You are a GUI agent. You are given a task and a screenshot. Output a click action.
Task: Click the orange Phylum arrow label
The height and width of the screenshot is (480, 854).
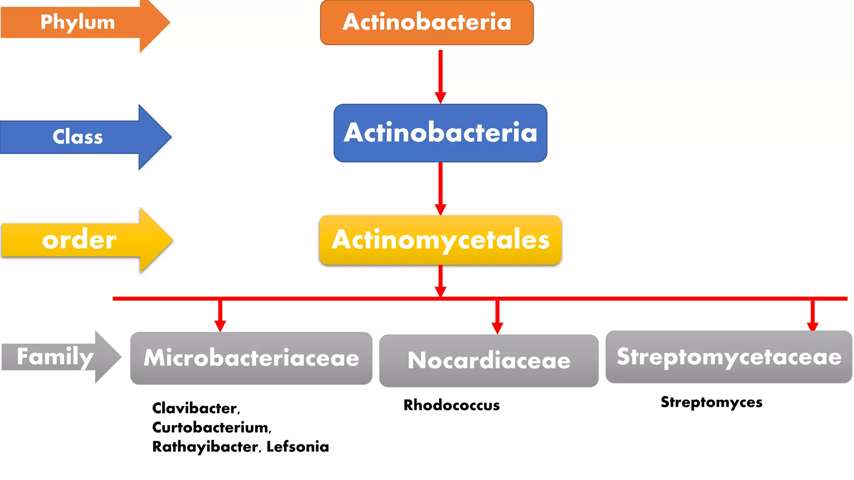pyautogui.click(x=78, y=22)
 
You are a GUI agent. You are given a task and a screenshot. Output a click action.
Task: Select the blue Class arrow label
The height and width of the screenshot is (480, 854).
pyautogui.click(x=78, y=137)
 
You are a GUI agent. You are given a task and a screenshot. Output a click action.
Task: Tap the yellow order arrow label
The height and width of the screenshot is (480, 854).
pyautogui.click(x=79, y=240)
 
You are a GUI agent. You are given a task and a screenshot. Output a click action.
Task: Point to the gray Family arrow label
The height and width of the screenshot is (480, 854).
pyautogui.click(x=55, y=357)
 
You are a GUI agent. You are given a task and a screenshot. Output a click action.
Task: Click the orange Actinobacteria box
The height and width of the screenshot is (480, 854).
pyautogui.click(x=427, y=22)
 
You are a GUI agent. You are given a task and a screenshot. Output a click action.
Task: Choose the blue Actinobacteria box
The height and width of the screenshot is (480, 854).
pyautogui.click(x=440, y=133)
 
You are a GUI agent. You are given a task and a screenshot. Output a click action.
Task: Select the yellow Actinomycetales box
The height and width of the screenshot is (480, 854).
pyautogui.click(x=440, y=240)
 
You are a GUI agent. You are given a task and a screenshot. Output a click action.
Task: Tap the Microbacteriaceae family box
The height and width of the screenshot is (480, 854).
pyautogui.click(x=251, y=358)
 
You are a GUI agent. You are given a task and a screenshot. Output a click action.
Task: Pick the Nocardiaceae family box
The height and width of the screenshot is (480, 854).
pyautogui.click(x=489, y=360)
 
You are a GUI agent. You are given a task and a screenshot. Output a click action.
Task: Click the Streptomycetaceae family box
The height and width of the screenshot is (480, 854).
pyautogui.click(x=729, y=357)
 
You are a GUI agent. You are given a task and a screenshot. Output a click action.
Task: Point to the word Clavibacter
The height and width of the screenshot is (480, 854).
pyautogui.click(x=195, y=408)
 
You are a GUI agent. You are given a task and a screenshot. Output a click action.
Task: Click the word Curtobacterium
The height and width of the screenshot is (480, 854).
pyautogui.click(x=211, y=427)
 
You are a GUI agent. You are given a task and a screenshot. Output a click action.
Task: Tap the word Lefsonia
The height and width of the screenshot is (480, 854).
pyautogui.click(x=298, y=447)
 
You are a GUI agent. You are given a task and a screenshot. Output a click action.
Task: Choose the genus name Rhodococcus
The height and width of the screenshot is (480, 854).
pyautogui.click(x=452, y=405)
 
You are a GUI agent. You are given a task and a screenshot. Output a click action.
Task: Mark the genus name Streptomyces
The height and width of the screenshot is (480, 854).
pyautogui.click(x=711, y=402)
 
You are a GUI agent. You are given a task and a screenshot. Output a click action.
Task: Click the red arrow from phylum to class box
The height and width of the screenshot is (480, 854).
pyautogui.click(x=440, y=75)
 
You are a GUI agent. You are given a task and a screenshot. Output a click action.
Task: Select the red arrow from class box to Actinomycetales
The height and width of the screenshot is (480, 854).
pyautogui.click(x=440, y=187)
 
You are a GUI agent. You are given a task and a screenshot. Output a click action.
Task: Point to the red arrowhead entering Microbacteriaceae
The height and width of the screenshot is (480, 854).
pyautogui.click(x=220, y=325)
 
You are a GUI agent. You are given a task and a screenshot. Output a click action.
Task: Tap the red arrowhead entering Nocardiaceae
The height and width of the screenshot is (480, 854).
pyautogui.click(x=497, y=327)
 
